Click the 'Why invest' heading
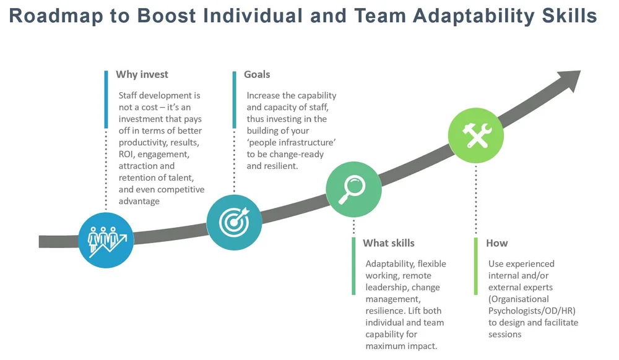pyautogui.click(x=142, y=75)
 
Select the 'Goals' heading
pyautogui.click(x=257, y=75)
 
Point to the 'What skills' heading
pyautogui.click(x=389, y=243)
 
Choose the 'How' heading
pyautogui.click(x=496, y=243)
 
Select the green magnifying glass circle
pyautogui.click(x=353, y=189)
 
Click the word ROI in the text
pyautogui.click(x=127, y=154)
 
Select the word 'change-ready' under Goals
pyautogui.click(x=297, y=154)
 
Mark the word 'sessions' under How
pyautogui.click(x=505, y=334)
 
